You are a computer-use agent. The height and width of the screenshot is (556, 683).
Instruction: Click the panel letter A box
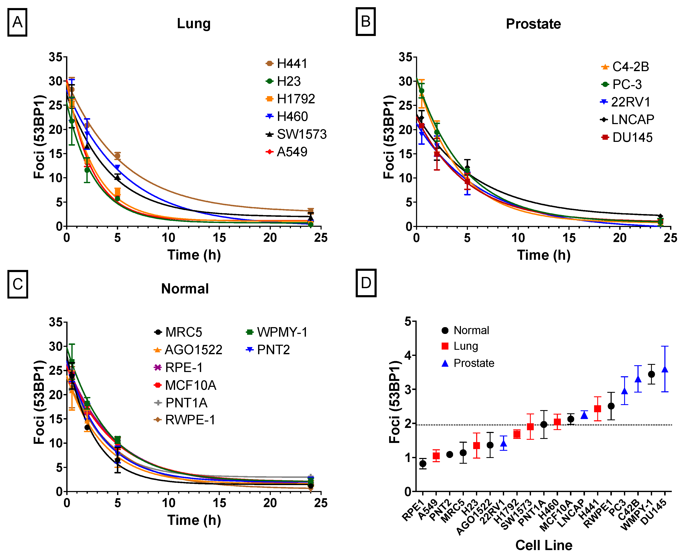[17, 22]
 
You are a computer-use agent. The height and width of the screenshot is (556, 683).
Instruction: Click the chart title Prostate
[533, 24]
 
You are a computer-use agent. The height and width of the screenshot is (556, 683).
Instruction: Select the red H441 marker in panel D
[597, 409]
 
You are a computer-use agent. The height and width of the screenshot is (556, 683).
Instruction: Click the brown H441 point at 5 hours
[118, 156]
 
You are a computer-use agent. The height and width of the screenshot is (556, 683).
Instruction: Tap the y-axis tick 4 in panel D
[408, 355]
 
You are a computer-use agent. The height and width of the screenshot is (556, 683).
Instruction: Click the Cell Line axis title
[544, 545]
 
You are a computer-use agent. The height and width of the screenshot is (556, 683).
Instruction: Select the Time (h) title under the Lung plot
[194, 255]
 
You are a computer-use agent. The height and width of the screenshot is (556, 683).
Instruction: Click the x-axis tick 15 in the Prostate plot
[569, 238]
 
